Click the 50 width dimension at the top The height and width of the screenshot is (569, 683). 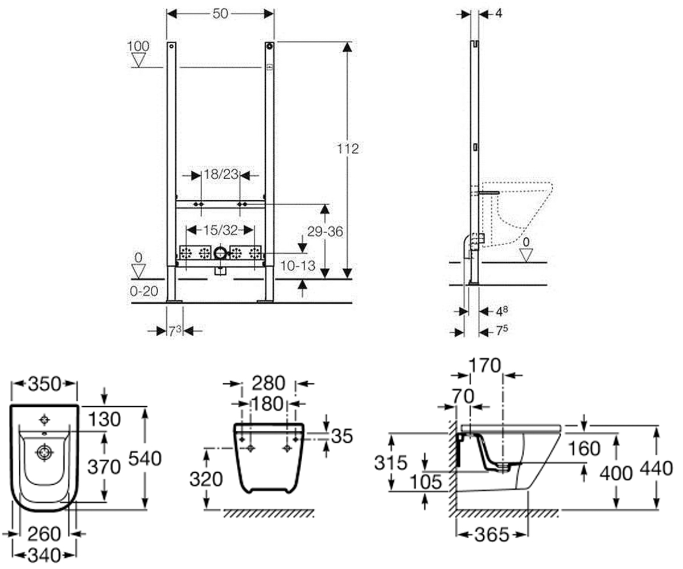coord(220,14)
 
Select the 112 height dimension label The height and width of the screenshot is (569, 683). coord(348,149)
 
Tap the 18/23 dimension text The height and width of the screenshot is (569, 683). coord(221,175)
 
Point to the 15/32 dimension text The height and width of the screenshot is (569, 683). coord(220,230)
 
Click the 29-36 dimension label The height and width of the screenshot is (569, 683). coord(325,232)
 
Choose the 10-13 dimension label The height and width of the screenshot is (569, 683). coord(298,266)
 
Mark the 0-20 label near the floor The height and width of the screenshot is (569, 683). coord(144,291)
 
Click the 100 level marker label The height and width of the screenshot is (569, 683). coord(138,46)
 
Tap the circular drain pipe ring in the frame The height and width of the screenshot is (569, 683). coord(220,253)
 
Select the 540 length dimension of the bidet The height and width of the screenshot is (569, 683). coord(145,459)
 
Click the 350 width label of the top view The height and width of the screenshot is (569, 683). coord(44,384)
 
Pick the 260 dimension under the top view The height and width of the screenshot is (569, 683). coord(44,534)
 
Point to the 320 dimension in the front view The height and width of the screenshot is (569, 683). coord(206,480)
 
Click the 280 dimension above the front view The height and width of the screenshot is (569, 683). coord(269,383)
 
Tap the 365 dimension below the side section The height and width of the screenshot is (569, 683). coord(492,535)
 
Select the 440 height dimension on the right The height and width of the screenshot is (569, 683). coord(656,469)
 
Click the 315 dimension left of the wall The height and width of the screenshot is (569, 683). coord(390,463)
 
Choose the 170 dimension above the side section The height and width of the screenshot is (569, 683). coord(485,365)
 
